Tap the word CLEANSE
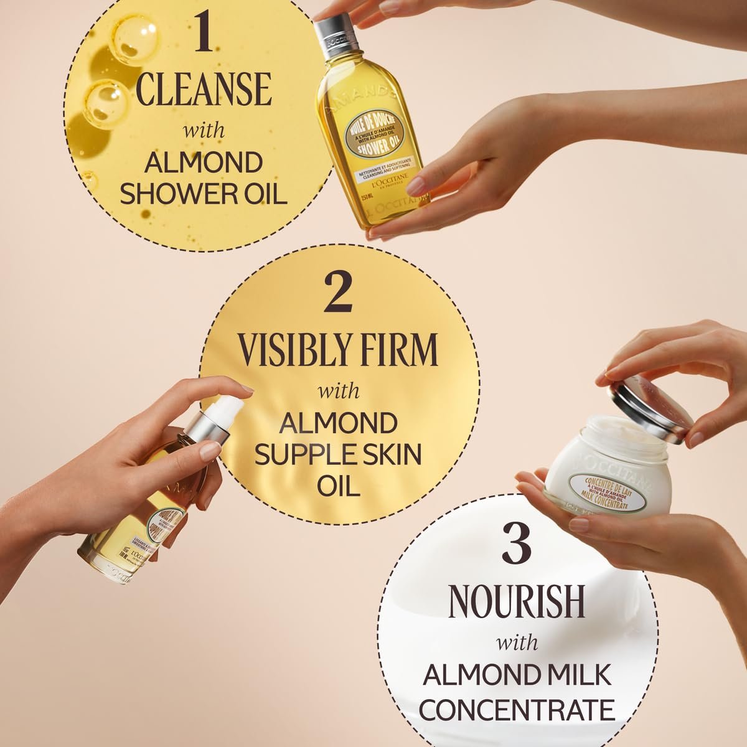tap(204, 90)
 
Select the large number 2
tap(338, 294)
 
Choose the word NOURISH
tap(517, 600)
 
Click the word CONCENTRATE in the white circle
tap(517, 709)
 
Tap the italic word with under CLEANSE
tap(204, 132)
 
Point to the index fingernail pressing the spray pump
tap(248, 388)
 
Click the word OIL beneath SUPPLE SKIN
tap(339, 486)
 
